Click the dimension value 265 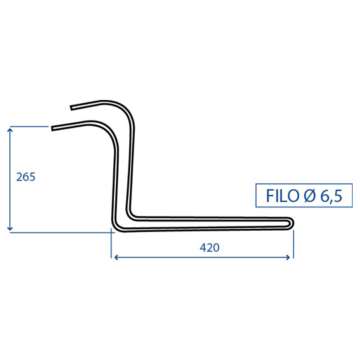26,177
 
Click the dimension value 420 209,247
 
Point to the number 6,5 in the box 331,196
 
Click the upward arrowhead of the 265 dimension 9,130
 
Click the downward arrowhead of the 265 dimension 9,229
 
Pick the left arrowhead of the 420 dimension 116,257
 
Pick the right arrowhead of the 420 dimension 289,257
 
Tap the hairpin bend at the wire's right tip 292,223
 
